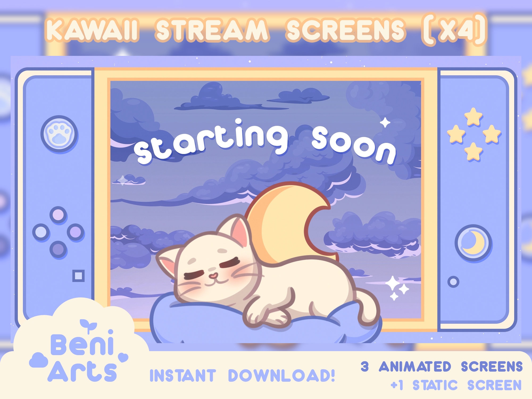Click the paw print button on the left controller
pos(59,134)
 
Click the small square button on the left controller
pos(78,276)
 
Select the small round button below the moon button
pos(453,282)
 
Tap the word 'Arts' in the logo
pos(82,371)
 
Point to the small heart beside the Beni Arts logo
pos(123,358)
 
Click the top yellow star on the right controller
pos(473,116)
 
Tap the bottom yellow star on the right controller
pos(473,151)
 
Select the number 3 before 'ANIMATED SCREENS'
pos(365,367)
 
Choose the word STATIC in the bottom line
pos(435,385)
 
